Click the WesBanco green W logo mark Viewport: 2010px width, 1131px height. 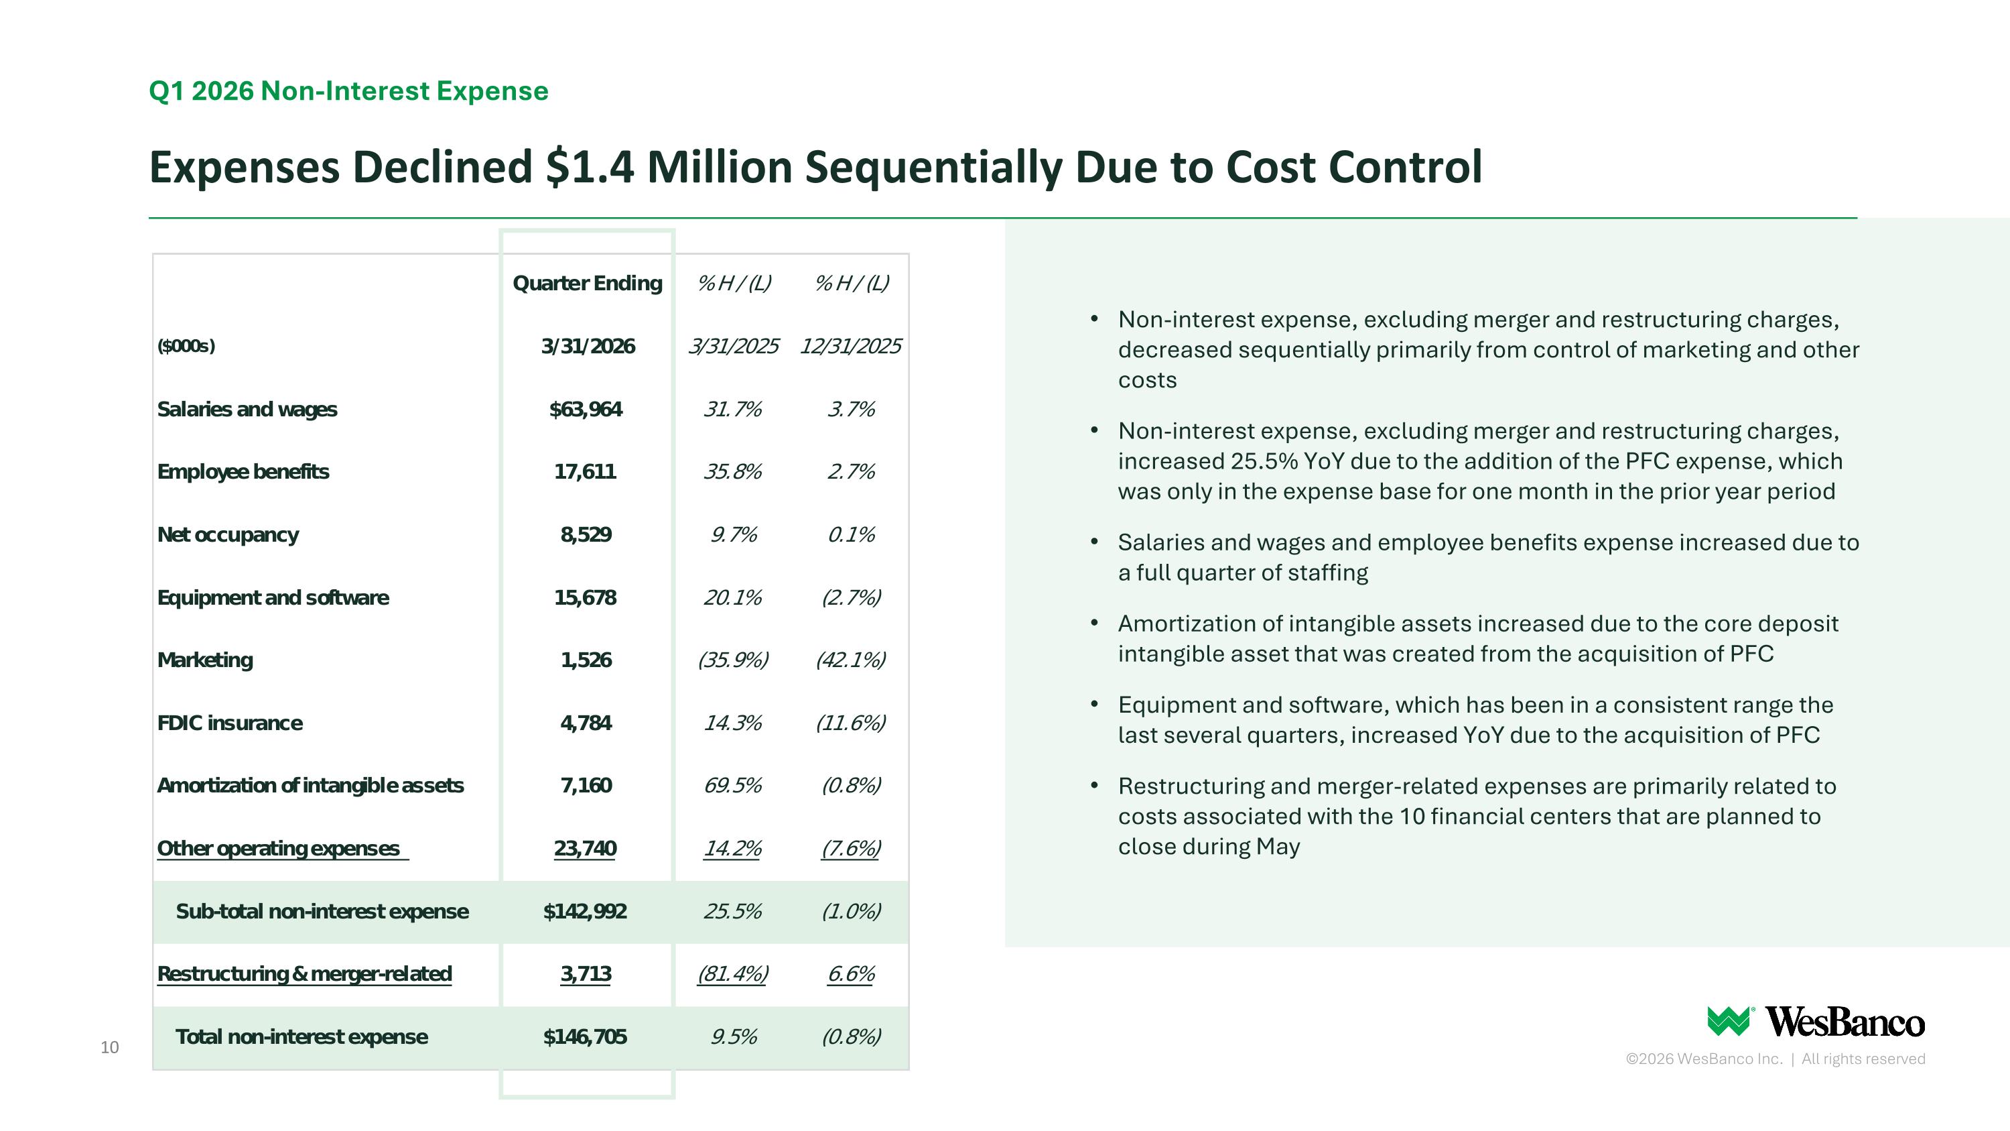coord(1730,1021)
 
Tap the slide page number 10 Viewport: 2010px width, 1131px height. coord(109,1047)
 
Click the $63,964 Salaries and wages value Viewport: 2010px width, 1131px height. coord(586,409)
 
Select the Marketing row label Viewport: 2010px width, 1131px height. coord(205,660)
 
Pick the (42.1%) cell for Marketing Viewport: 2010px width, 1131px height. coord(850,660)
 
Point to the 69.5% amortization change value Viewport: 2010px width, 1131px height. coord(733,785)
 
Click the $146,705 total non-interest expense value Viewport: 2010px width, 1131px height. coord(585,1036)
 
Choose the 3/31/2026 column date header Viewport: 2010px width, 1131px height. coord(588,346)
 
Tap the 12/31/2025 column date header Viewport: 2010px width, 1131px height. coord(850,346)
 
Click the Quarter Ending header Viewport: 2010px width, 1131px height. coord(588,284)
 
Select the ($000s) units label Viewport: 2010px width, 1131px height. coord(186,346)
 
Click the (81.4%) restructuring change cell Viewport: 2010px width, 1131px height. coord(733,974)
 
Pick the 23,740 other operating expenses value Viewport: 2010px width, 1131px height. coord(585,849)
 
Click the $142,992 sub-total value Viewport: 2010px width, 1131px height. coord(585,911)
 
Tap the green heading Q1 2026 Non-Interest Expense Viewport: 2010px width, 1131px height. coord(349,91)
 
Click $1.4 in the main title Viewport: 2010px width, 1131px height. coord(591,166)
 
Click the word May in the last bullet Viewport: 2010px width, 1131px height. coord(1278,847)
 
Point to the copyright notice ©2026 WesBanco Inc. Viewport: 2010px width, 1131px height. coord(1704,1059)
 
